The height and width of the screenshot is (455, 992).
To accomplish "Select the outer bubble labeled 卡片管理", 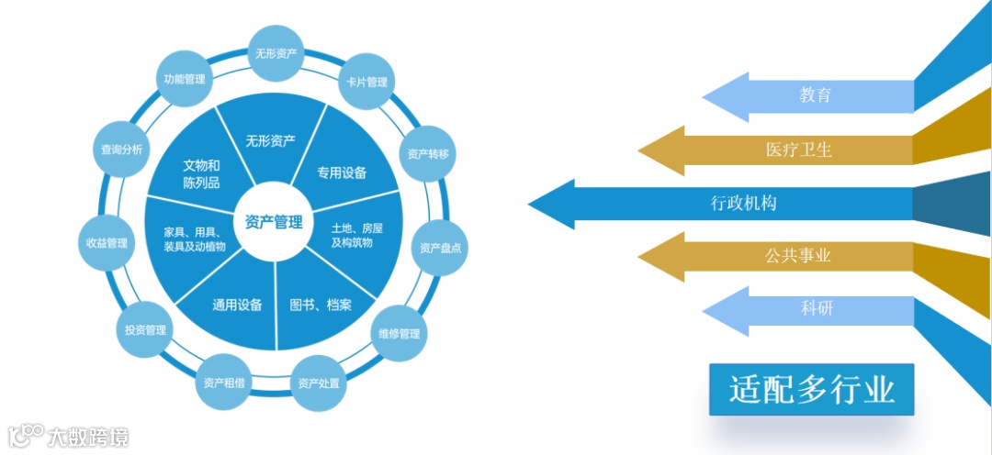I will tap(366, 82).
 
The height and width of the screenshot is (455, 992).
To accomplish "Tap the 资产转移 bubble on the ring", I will tap(428, 154).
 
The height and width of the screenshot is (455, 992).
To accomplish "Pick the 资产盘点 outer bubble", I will tap(440, 248).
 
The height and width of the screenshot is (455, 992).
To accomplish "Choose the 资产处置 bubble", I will tap(319, 382).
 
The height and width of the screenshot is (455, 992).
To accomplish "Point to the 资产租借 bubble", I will tap(224, 382).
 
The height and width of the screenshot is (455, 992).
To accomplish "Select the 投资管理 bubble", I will tap(145, 330).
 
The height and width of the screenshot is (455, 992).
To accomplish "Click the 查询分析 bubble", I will tap(122, 150).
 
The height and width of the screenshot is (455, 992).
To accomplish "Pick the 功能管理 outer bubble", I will tap(185, 80).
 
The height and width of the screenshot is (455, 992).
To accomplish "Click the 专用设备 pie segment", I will tap(342, 172).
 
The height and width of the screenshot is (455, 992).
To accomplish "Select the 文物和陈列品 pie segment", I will tap(201, 173).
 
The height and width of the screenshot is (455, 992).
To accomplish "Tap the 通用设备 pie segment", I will tap(237, 305).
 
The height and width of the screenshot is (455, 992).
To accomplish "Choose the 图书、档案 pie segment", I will tap(320, 305).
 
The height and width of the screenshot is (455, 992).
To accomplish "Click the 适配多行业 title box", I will tap(812, 390).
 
